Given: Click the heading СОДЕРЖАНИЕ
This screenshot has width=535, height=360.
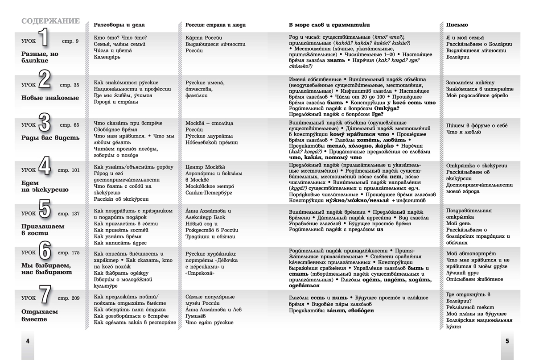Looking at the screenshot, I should (50, 21).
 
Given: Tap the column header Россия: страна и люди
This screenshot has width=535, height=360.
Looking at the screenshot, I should (215, 25).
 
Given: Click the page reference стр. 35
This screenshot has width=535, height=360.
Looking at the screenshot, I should (70, 85).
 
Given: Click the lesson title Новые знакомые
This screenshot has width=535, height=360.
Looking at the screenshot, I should (50, 98).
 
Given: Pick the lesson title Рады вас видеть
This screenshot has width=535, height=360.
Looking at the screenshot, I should (50, 138).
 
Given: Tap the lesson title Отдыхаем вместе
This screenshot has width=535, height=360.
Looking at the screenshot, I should (40, 315).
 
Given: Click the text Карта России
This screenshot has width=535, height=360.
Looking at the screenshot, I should (204, 37).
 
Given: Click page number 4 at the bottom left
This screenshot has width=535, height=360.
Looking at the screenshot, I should (27, 341).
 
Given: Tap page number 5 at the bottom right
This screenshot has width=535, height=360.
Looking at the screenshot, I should (507, 341).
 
